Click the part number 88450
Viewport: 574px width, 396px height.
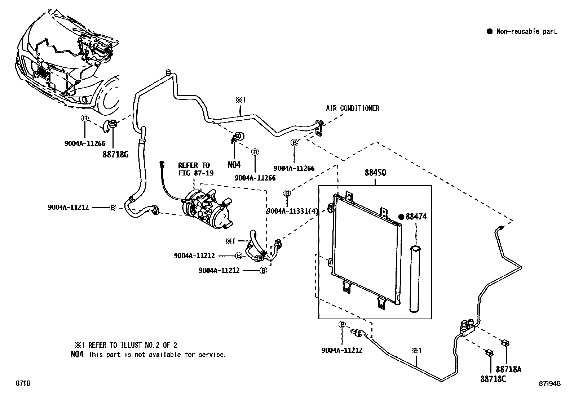coord(375,173)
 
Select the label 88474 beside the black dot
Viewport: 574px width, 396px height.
coord(416,217)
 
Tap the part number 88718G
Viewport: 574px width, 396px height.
coord(116,155)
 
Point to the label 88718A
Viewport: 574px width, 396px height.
coord(508,369)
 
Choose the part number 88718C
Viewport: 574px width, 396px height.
coord(493,379)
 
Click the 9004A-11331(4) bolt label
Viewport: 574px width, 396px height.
coord(292,211)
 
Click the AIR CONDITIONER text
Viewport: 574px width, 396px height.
coord(353,108)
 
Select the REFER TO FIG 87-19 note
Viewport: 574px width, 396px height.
coord(196,169)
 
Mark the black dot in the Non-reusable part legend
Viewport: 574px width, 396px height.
coord(489,31)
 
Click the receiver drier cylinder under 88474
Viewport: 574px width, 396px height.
coord(415,279)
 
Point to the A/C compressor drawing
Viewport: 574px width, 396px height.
coord(208,209)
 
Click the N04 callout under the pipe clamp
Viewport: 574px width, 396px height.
coord(234,165)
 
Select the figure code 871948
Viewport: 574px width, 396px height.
coord(549,383)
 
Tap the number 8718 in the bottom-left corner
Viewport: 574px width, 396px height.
coord(23,383)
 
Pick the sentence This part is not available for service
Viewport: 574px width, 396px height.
coord(157,355)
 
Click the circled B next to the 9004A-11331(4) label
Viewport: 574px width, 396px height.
coord(287,193)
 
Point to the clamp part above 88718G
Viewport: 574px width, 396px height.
coord(110,126)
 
